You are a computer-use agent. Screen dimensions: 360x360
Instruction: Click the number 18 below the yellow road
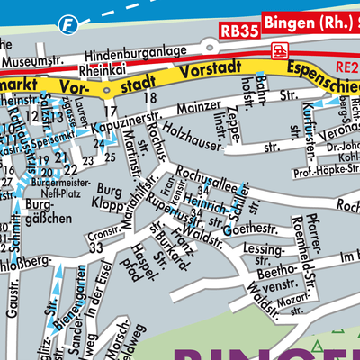(150, 96)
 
